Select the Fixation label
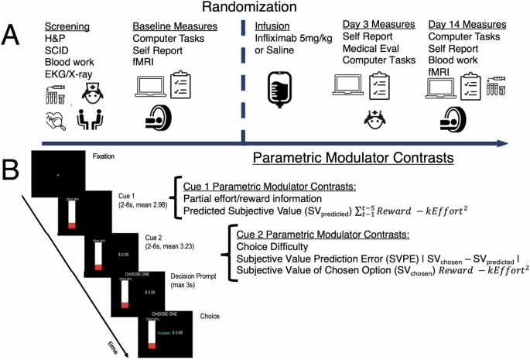pyautogui.click(x=103, y=156)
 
